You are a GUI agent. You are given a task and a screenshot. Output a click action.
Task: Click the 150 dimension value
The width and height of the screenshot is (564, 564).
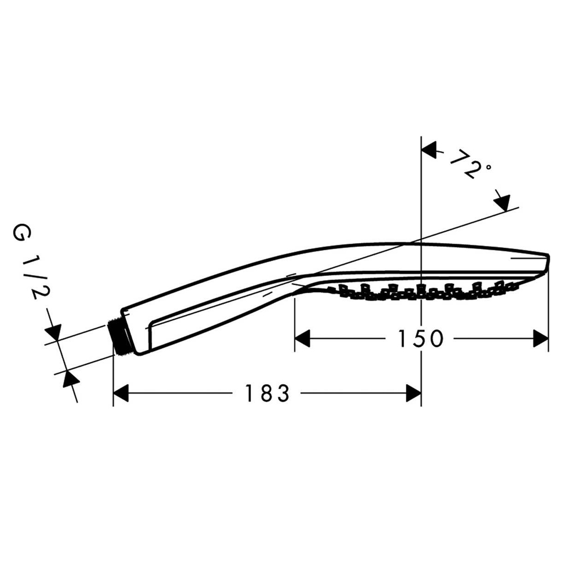click(x=421, y=339)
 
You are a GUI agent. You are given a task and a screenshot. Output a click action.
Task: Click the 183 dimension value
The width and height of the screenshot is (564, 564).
click(x=267, y=393)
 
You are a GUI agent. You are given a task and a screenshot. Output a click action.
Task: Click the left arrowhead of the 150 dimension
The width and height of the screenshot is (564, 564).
click(x=302, y=339)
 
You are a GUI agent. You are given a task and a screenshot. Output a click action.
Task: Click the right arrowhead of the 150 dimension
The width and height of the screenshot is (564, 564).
click(x=541, y=339)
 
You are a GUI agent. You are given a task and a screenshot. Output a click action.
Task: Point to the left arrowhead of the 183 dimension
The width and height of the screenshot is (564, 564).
click(x=121, y=393)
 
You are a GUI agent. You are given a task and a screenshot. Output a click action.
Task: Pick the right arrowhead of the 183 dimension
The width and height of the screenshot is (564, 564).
click(x=413, y=393)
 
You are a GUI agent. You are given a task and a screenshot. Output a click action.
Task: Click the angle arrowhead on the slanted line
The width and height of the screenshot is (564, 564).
click(x=502, y=202)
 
